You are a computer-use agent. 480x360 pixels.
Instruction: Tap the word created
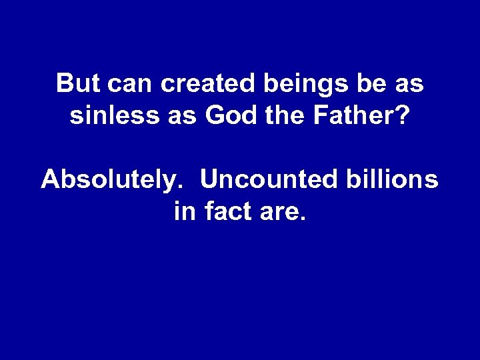click(x=203, y=85)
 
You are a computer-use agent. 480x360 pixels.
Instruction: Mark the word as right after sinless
click(x=183, y=119)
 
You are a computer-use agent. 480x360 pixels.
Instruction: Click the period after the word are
click(x=303, y=219)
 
